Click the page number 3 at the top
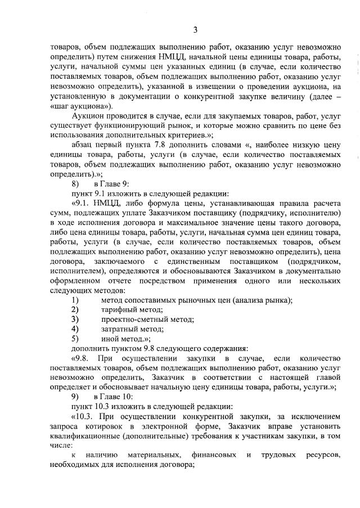coord(195,30)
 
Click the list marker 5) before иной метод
coord(75,339)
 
